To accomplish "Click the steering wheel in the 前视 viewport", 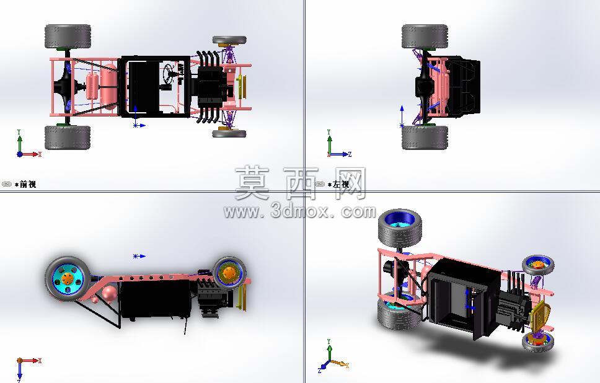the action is click(169, 71).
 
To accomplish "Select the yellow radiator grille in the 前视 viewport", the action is click(240, 87).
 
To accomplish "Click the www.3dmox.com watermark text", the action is click(299, 211).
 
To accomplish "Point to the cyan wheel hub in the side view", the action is click(68, 278).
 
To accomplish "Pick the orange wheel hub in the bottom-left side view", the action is click(229, 273).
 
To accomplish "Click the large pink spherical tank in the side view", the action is click(110, 293).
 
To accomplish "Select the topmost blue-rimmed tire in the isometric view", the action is click(400, 228).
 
